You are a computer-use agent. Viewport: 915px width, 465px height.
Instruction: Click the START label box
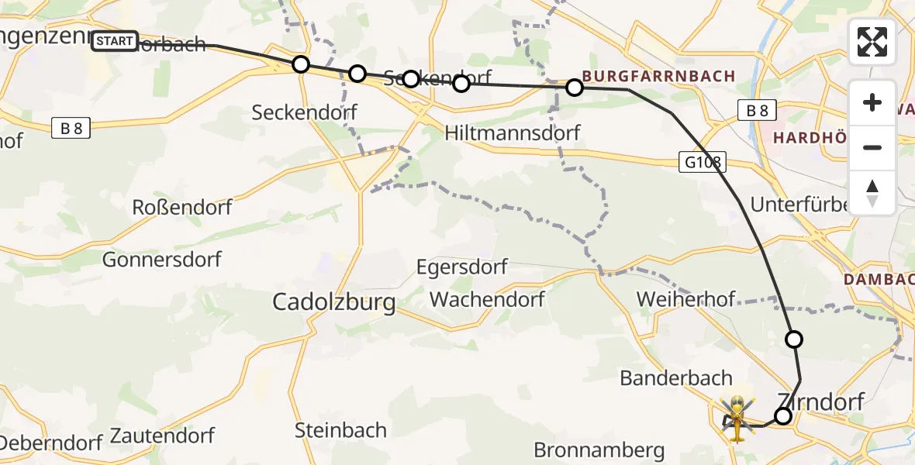(x=115, y=41)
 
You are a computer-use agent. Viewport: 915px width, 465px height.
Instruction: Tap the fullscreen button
(x=872, y=42)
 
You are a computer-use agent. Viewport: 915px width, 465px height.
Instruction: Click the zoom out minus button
(x=872, y=147)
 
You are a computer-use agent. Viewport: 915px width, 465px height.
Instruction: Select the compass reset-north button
(x=872, y=193)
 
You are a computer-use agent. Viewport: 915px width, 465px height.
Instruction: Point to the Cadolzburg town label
(x=333, y=302)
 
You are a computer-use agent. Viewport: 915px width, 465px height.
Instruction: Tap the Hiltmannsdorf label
(x=513, y=133)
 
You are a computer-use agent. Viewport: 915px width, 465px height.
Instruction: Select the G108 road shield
(x=703, y=163)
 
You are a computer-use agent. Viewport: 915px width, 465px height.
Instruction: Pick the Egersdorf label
(x=461, y=267)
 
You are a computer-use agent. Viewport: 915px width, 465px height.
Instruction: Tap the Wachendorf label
(x=487, y=299)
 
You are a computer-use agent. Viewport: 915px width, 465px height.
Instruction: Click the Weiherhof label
(x=685, y=299)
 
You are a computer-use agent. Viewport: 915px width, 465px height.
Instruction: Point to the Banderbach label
(x=676, y=378)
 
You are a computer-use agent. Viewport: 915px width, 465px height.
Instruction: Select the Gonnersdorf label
(x=162, y=260)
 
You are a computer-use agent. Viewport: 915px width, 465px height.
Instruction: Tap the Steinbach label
(x=341, y=429)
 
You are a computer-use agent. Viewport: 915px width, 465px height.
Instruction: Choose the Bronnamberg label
(x=599, y=449)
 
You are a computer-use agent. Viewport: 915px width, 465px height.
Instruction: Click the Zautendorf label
(x=162, y=436)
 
